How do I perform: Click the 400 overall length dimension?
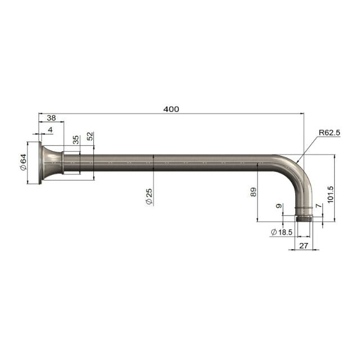click(x=171, y=109)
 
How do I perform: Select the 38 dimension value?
click(x=51, y=118)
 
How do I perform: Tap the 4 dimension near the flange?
click(x=50, y=130)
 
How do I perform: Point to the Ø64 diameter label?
click(x=24, y=162)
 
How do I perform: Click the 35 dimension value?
click(x=75, y=139)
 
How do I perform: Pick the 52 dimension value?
click(x=90, y=136)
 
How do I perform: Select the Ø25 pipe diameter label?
click(x=149, y=196)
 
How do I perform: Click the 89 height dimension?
click(x=253, y=192)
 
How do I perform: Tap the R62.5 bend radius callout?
click(x=329, y=133)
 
